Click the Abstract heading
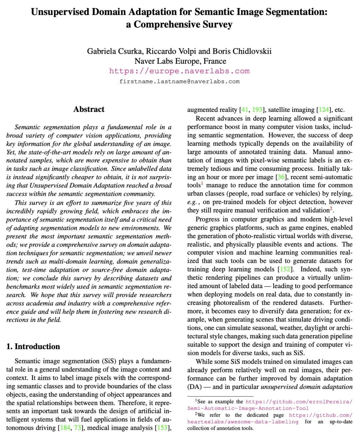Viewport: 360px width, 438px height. click(89, 109)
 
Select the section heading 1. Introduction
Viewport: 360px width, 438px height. click(33, 346)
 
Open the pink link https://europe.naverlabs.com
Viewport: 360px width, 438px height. click(179, 71)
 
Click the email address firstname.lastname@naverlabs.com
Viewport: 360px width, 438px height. click(179, 81)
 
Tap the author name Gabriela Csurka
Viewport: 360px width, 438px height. click(115, 51)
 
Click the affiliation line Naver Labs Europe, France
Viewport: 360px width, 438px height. click(180, 61)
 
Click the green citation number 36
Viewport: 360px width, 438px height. click(281, 177)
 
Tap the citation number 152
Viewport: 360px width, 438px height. click(284, 269)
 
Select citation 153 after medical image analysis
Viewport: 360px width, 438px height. click(162, 428)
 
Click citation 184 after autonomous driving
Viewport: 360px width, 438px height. click(65, 428)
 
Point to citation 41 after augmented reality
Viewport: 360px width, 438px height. click(244, 110)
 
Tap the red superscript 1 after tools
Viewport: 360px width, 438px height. click(202, 184)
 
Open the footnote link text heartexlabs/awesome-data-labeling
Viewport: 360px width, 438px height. click(243, 422)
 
